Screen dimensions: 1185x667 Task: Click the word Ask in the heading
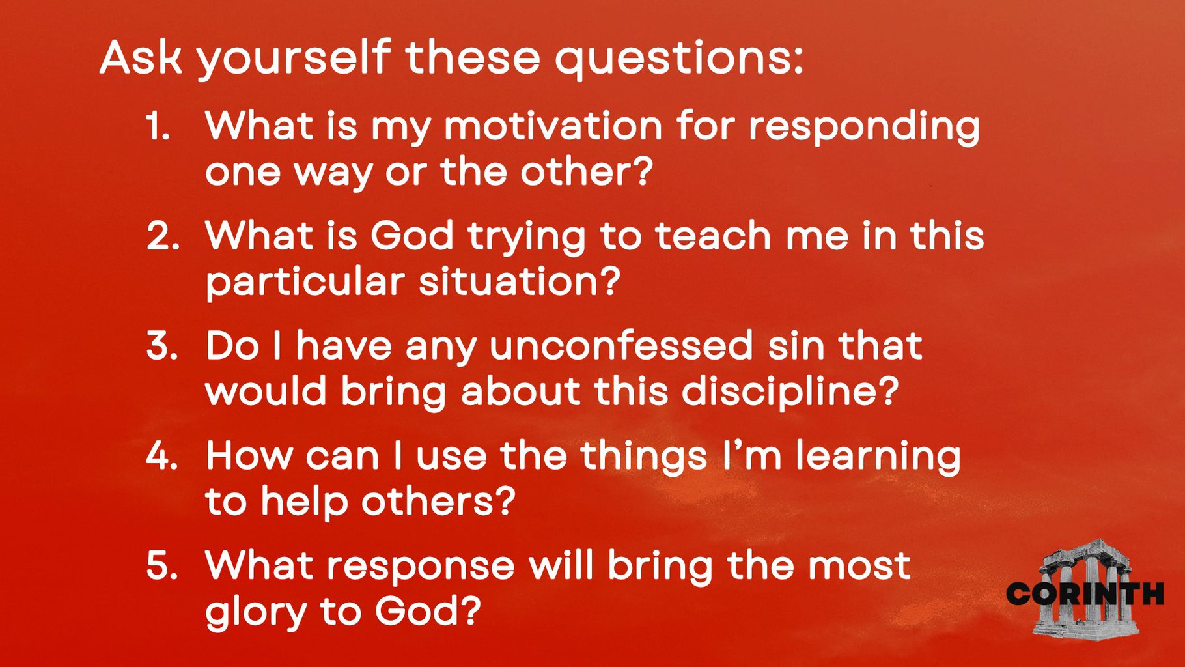(x=140, y=57)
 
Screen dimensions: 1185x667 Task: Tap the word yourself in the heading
(x=294, y=60)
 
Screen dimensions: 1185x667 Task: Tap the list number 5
(x=162, y=565)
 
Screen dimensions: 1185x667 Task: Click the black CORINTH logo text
(x=1085, y=593)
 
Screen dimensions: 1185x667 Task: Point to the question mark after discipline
(x=887, y=391)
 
